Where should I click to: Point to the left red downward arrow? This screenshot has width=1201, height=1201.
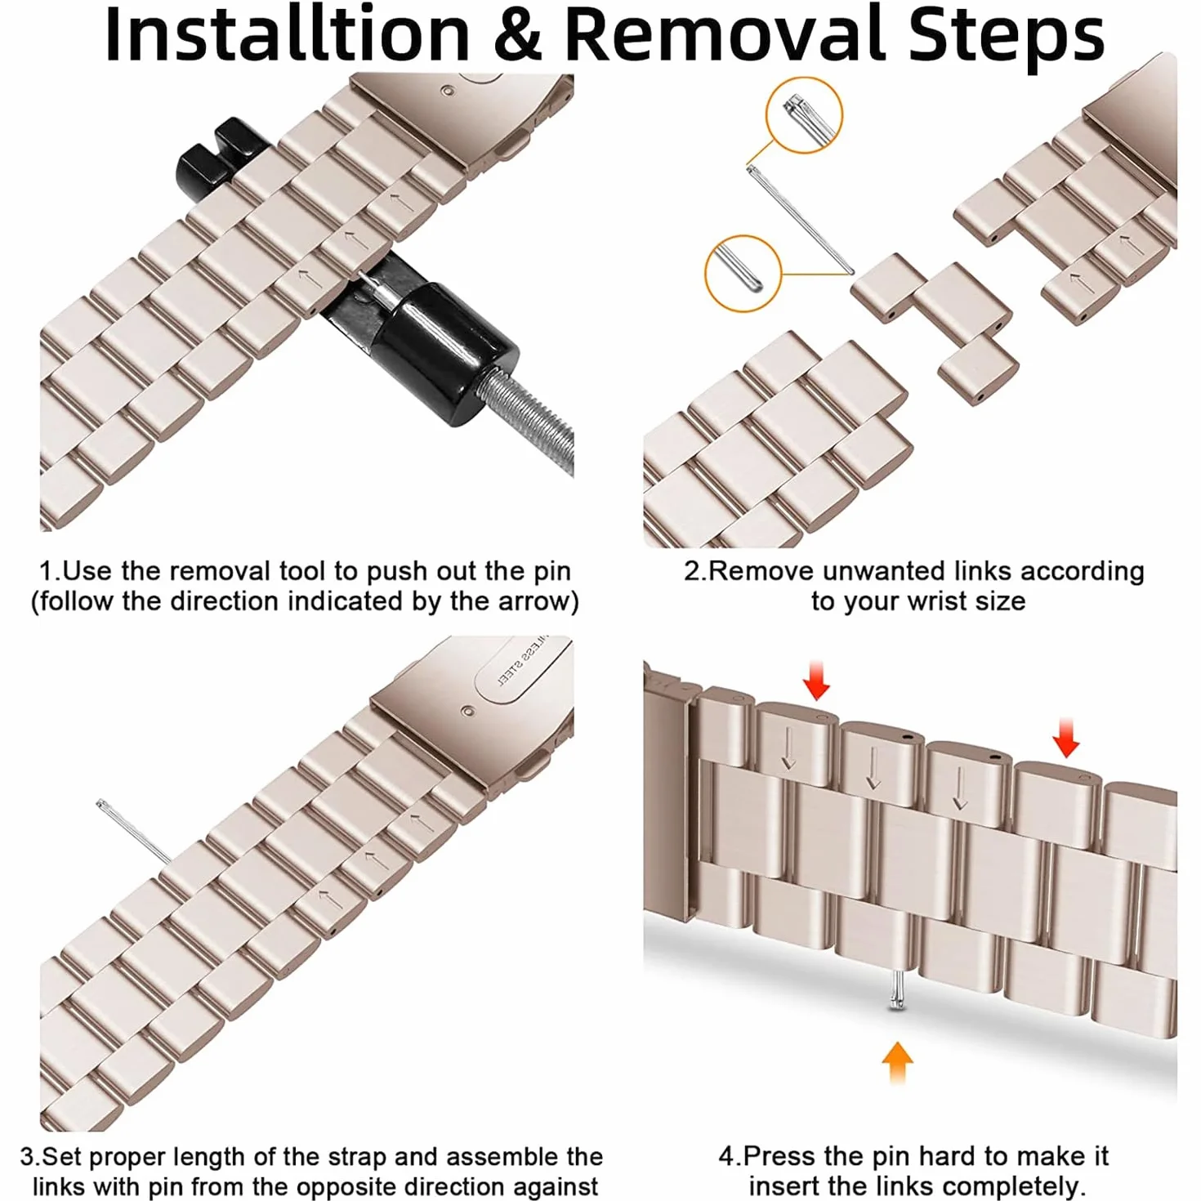816,681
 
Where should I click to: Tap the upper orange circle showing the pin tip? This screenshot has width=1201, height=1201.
804,115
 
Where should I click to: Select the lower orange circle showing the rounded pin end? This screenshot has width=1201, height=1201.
743,274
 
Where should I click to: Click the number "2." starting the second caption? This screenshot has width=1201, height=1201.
696,571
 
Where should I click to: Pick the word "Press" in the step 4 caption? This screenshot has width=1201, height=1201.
780,1156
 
